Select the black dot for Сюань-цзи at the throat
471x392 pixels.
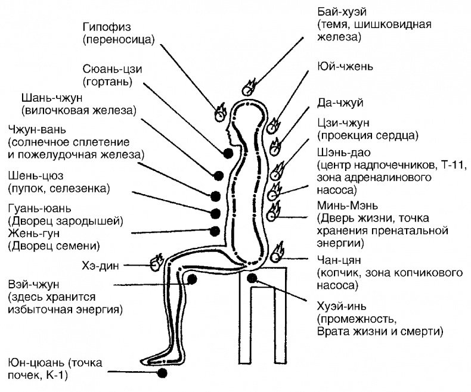click(228, 153)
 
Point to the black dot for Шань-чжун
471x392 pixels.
click(218, 175)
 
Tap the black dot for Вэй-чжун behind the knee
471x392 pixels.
click(192, 278)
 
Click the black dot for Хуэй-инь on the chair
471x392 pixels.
click(253, 278)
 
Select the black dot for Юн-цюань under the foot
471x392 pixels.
click(162, 373)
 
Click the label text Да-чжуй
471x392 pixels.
click(336, 103)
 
